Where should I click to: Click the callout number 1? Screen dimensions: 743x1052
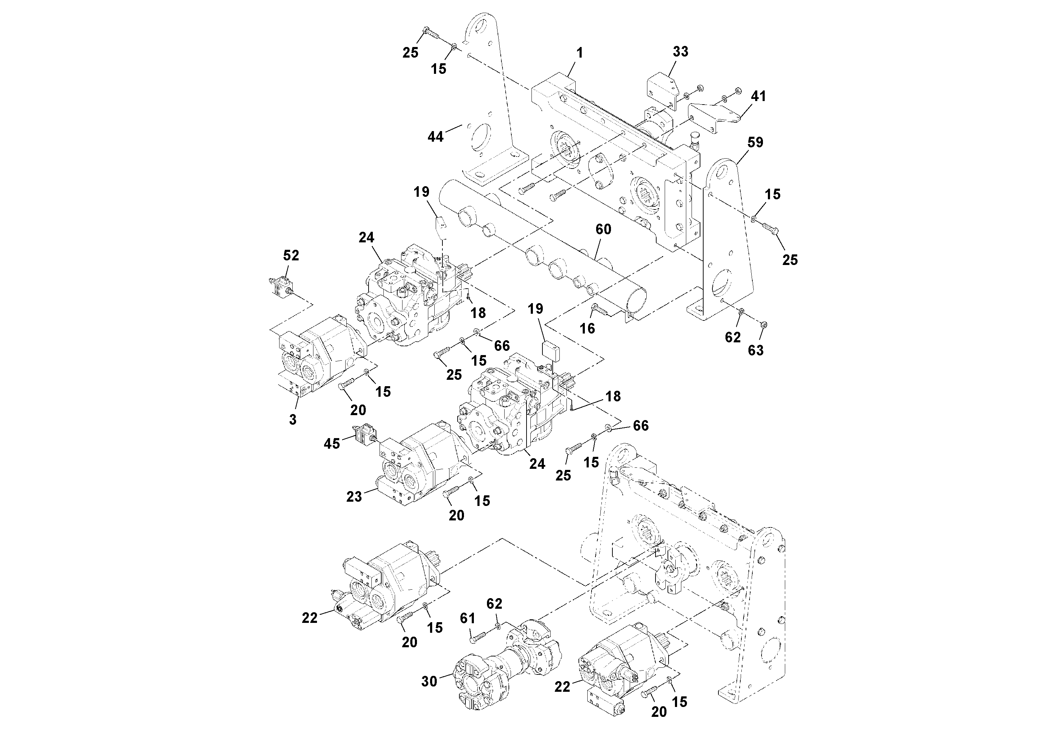pos(580,53)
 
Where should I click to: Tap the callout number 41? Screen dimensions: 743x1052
pos(758,96)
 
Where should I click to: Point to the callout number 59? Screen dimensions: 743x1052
pos(756,142)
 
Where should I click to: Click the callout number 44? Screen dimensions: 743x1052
pos(435,136)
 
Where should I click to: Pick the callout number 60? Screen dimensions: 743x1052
pos(604,229)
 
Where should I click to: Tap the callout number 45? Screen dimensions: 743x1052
pos(332,443)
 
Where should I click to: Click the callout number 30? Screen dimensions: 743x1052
pos(429,682)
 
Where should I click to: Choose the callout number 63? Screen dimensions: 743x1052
pos(756,350)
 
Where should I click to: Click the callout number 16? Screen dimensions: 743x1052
pos(587,328)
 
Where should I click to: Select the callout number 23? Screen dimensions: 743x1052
pos(354,496)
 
